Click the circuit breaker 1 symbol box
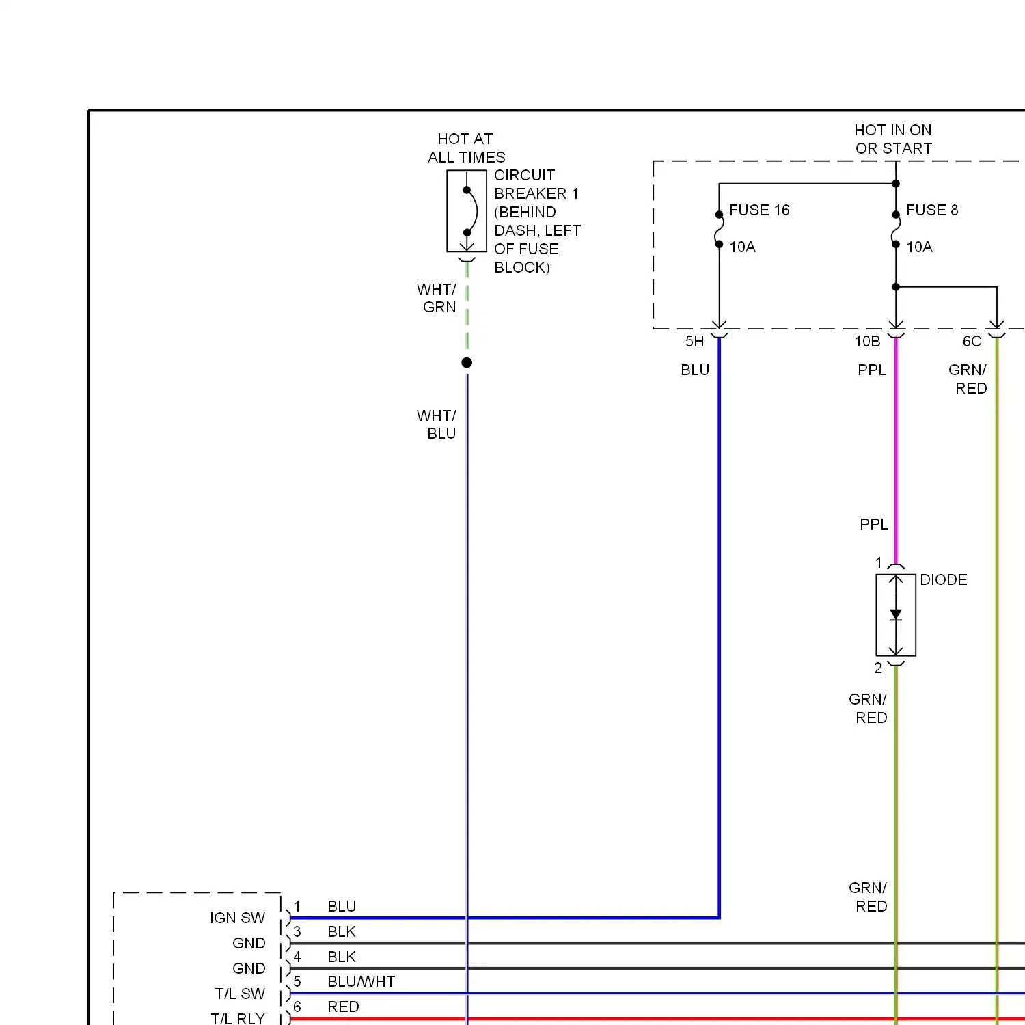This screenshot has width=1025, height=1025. point(467,211)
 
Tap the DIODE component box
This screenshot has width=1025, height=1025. point(896,615)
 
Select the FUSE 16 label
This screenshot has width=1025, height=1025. point(759,210)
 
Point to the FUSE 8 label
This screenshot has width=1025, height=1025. point(932,210)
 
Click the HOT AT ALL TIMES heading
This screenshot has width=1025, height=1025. point(466,148)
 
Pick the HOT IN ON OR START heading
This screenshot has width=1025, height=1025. point(893,139)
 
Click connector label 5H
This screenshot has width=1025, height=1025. point(695,342)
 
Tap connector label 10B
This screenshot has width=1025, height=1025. point(867,342)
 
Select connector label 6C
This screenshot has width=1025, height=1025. point(972,342)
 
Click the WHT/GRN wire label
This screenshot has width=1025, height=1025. point(437,299)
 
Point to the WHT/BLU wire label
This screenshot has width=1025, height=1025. point(437,424)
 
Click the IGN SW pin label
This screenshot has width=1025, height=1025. point(237,918)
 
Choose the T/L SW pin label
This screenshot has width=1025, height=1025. point(240,994)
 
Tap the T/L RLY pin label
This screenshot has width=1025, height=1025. point(238,1018)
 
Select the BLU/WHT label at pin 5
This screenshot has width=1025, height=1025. point(361,982)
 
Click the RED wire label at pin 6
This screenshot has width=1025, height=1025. point(343,1007)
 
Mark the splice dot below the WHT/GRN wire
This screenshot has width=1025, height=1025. point(467,363)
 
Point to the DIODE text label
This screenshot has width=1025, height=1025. point(944,580)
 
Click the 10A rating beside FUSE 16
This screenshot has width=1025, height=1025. point(743,247)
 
